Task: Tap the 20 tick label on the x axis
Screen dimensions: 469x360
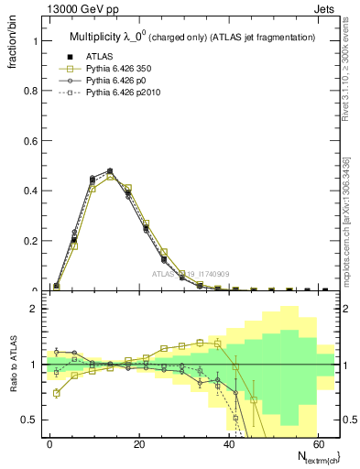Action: click(139, 442)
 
